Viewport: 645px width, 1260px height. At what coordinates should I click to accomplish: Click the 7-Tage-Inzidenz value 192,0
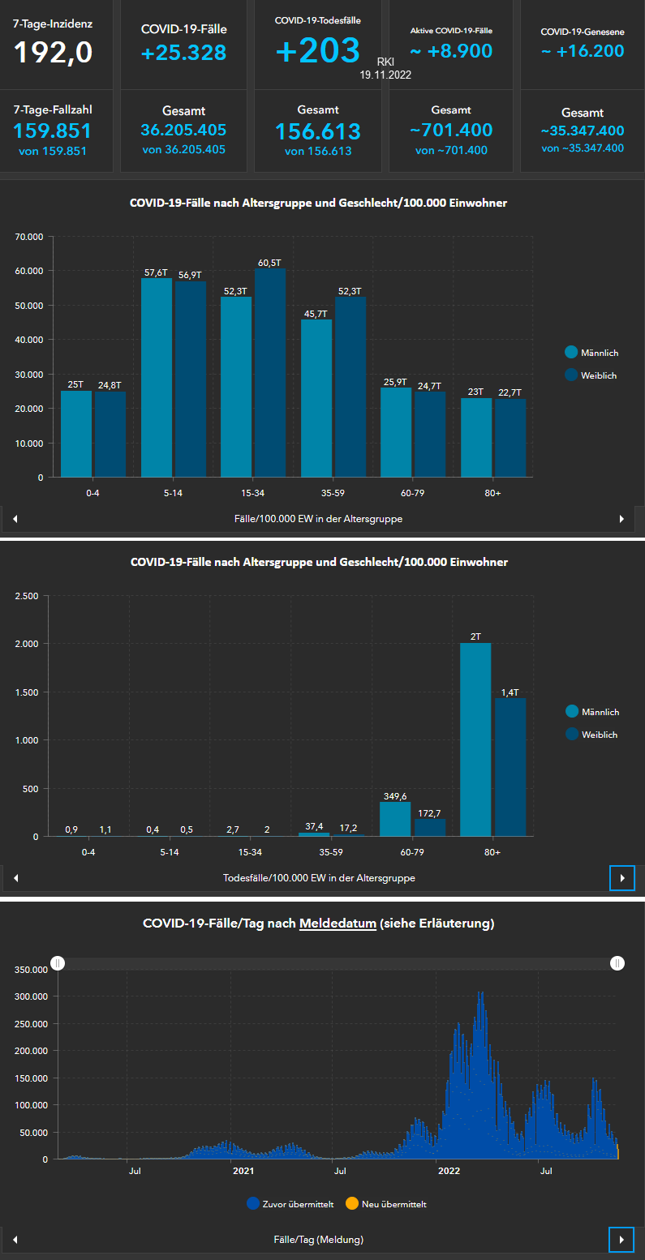[x=53, y=53]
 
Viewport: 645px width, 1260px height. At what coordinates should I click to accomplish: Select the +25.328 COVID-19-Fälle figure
[x=183, y=53]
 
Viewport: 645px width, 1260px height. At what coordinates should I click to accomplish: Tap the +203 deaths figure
[x=317, y=50]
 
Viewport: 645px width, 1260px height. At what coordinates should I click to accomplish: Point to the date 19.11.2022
[x=387, y=74]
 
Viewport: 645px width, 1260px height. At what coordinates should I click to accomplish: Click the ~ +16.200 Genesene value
[x=583, y=51]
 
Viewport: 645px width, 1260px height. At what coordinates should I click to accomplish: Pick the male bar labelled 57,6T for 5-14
[x=156, y=377]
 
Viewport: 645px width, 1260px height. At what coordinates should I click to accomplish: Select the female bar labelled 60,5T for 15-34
[x=270, y=372]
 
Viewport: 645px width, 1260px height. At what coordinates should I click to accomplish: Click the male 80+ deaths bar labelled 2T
[x=475, y=739]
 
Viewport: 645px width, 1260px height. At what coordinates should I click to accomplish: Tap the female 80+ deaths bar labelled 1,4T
[x=510, y=766]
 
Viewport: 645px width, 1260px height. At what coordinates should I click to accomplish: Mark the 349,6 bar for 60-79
[x=395, y=819]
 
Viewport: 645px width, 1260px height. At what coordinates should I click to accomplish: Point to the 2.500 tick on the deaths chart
[x=27, y=596]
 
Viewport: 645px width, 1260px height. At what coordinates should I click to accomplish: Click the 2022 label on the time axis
[x=449, y=1171]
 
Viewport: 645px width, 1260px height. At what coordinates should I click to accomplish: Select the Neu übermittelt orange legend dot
[x=351, y=1204]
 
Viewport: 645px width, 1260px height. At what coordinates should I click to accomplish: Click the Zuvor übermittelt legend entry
[x=290, y=1204]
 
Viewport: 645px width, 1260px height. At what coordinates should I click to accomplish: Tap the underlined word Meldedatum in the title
[x=338, y=923]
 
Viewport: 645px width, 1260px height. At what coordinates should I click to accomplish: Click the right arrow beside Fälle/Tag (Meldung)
[x=621, y=1239]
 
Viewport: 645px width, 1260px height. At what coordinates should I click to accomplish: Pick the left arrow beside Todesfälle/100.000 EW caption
[x=15, y=878]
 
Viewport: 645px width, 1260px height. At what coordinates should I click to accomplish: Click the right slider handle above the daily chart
[x=617, y=962]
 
